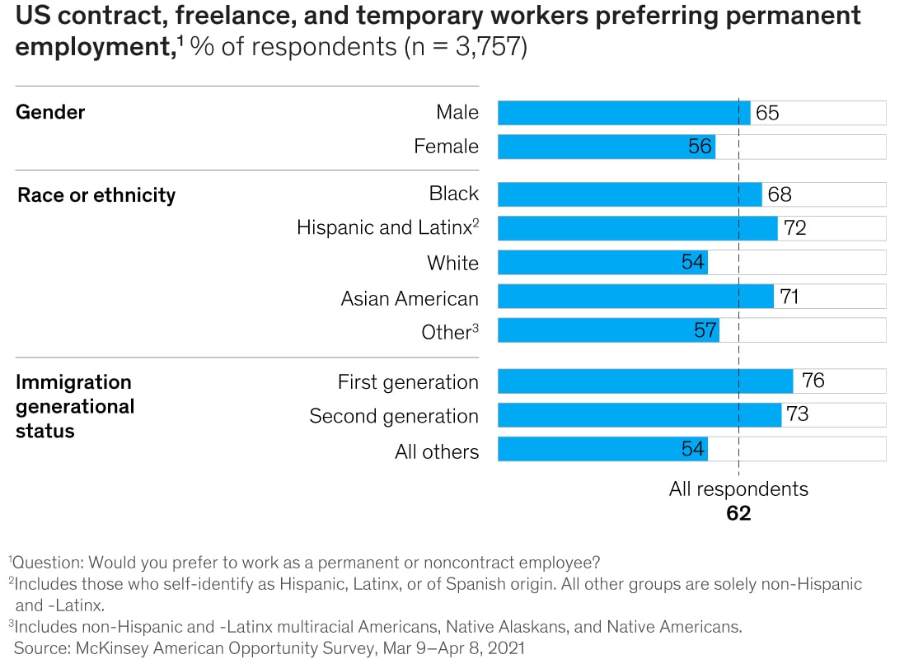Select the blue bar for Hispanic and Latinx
coord(637,228)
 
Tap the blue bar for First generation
coord(645,381)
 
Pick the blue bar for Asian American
coord(635,297)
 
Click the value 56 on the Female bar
coord(699,147)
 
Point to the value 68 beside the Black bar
coord(779,194)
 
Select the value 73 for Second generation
coord(797,415)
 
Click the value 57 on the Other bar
coord(705,331)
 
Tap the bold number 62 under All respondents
coord(738,513)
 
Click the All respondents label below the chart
coord(738,489)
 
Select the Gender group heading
coord(50,112)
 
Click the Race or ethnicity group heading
coord(96,195)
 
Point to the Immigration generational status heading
coord(74,406)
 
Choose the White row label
coord(452,264)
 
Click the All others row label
coord(436,451)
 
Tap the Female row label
coord(446,147)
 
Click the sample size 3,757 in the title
coord(486,47)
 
